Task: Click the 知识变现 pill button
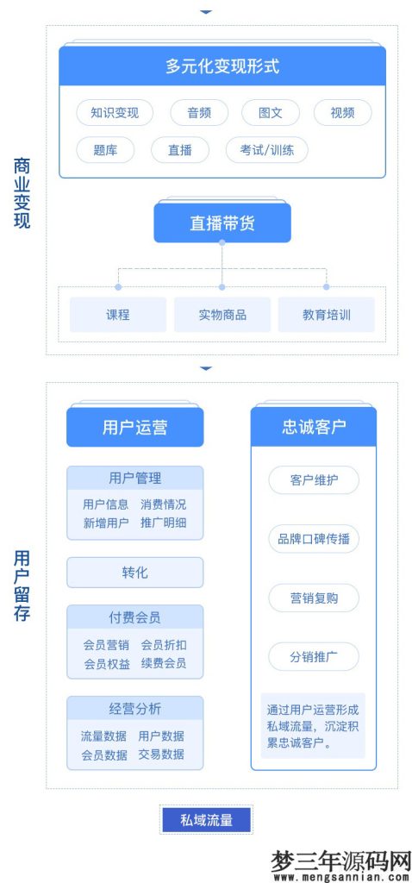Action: (x=114, y=113)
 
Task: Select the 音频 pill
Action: (x=198, y=113)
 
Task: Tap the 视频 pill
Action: (x=341, y=113)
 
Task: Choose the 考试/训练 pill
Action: (x=266, y=150)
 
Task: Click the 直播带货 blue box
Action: (x=222, y=223)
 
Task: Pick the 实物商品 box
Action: (x=222, y=315)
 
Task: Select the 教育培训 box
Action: (x=326, y=315)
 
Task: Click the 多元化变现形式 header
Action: (x=222, y=66)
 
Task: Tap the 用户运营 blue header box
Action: (x=134, y=427)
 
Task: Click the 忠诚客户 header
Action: (x=314, y=427)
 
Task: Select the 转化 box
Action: (x=134, y=573)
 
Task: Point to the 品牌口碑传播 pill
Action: (x=314, y=539)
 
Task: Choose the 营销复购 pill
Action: (x=314, y=598)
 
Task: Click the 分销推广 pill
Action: (x=314, y=657)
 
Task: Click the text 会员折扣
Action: (x=163, y=645)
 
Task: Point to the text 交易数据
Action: (x=161, y=754)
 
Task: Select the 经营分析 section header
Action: (x=134, y=709)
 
